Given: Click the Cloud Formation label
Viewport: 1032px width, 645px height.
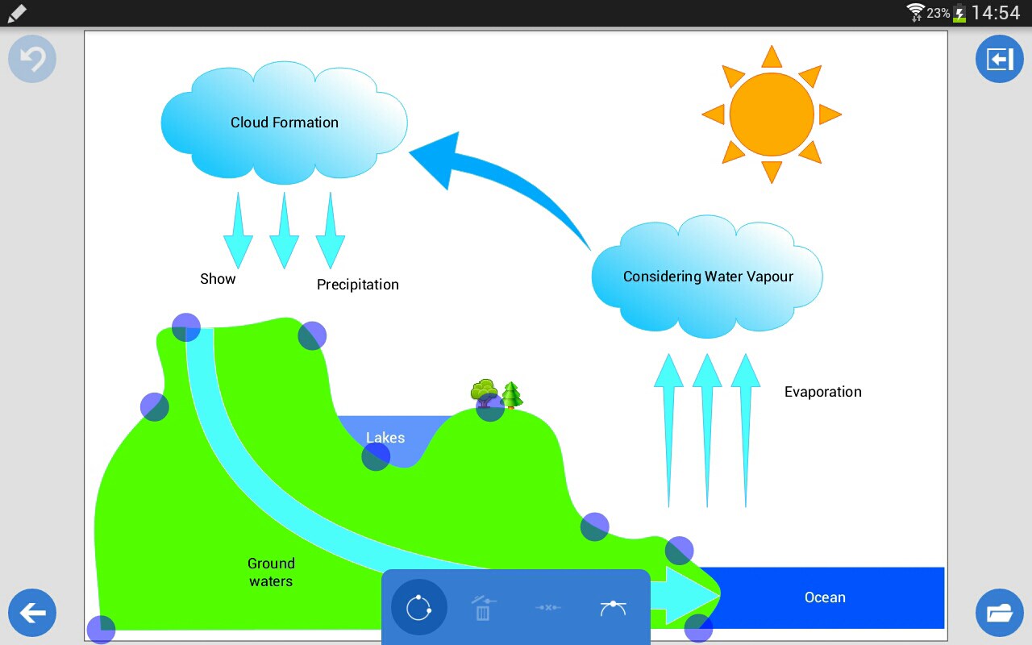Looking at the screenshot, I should point(284,123).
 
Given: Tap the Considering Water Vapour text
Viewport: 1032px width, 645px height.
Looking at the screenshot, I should point(708,277).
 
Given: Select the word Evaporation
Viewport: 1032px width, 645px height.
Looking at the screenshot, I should point(822,392).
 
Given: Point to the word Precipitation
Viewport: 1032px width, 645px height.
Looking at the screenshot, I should point(357,285).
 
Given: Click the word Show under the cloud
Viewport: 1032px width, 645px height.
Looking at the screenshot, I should point(218,279).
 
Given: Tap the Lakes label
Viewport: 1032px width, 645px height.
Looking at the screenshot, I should point(385,438).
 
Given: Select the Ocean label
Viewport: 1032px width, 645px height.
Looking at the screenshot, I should point(825,597).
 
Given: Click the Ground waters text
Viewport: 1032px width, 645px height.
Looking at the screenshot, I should point(271,572).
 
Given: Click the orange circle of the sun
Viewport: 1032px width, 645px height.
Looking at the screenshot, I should point(772,114).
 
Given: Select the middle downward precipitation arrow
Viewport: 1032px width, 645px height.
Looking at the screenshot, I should point(284,230).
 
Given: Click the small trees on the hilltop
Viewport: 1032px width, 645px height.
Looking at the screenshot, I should point(496,394).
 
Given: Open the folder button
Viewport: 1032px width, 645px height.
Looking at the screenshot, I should point(999,613).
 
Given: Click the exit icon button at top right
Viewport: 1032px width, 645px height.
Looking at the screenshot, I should point(999,60).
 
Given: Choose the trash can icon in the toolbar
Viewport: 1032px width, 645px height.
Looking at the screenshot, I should point(482,608).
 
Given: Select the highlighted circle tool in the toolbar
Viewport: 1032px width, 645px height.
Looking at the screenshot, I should point(418,607).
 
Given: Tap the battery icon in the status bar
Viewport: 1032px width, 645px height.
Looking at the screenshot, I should point(959,13).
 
